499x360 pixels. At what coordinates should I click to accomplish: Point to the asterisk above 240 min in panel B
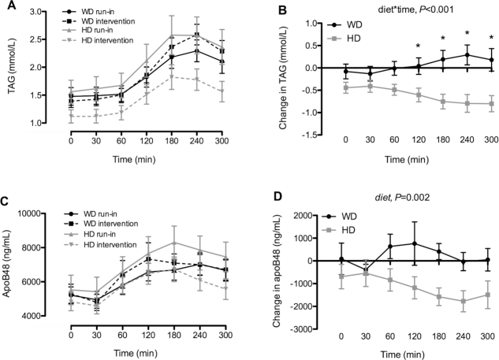[x=468, y=33]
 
